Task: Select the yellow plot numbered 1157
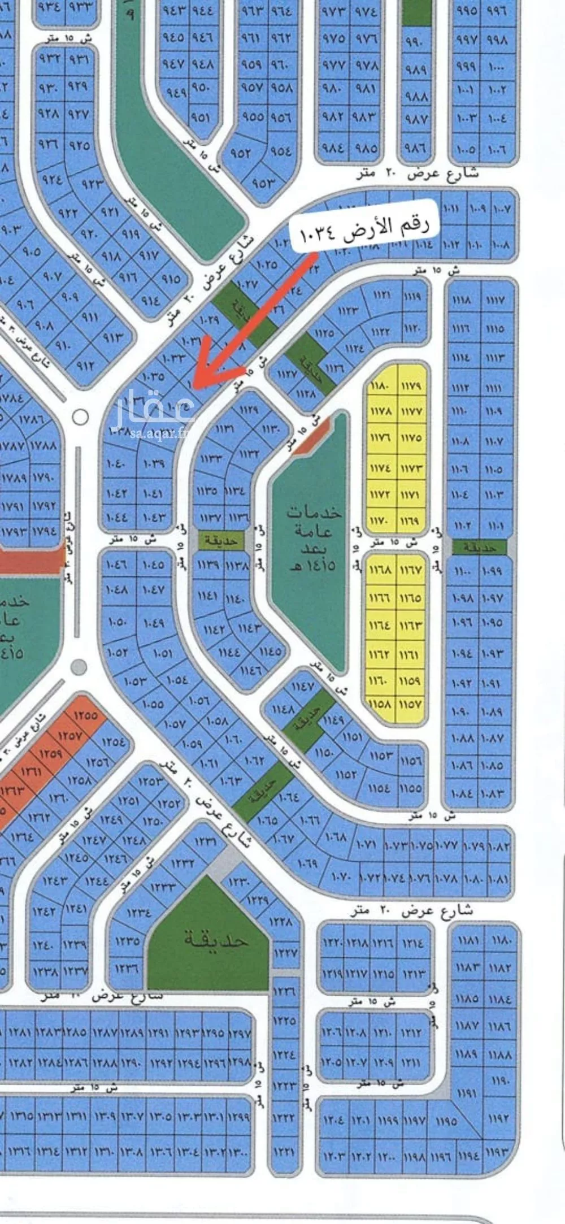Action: [411, 705]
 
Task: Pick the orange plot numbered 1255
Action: [85, 715]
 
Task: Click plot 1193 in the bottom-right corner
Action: [497, 1152]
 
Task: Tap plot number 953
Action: [263, 183]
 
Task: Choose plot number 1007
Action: [501, 209]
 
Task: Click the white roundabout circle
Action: [81, 418]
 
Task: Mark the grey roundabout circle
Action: [79, 667]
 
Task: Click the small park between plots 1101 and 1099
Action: [480, 547]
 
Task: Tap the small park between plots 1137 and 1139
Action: [221, 541]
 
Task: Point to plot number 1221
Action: [284, 1149]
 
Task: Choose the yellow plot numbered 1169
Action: [411, 519]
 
